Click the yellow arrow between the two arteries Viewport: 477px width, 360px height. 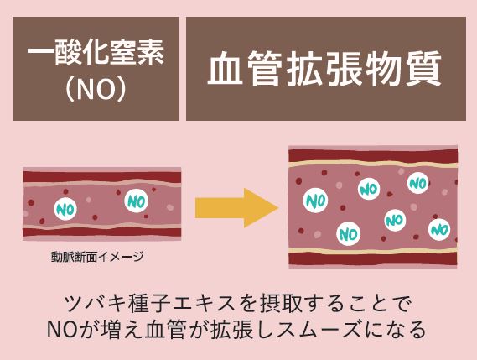(236, 208)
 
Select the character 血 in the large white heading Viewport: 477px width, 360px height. (226, 68)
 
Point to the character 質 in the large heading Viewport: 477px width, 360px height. (423, 68)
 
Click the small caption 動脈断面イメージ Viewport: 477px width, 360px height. (97, 257)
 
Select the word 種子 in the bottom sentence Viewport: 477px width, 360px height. (148, 304)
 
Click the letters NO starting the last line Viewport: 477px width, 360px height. (62, 330)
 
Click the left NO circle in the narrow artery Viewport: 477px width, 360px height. (65, 209)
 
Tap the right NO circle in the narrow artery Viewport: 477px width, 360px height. (137, 201)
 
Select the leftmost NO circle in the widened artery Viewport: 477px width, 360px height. (315, 201)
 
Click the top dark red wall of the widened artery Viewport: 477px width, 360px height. (373, 155)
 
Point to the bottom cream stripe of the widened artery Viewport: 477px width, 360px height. (373, 251)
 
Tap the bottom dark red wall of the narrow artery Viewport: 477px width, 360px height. (102, 232)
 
